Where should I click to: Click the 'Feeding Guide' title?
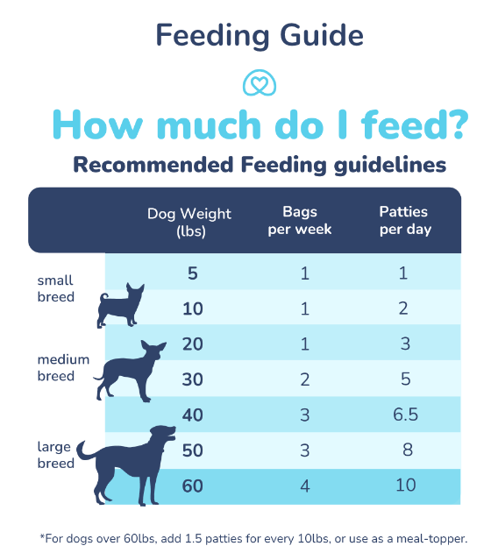point(259,35)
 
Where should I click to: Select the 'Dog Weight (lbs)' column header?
point(189,222)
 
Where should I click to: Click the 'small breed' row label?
point(55,289)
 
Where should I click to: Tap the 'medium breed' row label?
point(56,368)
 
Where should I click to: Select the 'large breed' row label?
point(55,455)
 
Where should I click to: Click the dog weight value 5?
point(192,273)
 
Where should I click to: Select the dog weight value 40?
point(192,415)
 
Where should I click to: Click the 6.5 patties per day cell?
point(404,415)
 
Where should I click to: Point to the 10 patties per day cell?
point(404,486)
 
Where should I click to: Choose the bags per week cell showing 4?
point(304,486)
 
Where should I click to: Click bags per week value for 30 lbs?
point(304,379)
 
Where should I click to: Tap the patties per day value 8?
point(404,450)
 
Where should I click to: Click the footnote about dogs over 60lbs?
point(254,537)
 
